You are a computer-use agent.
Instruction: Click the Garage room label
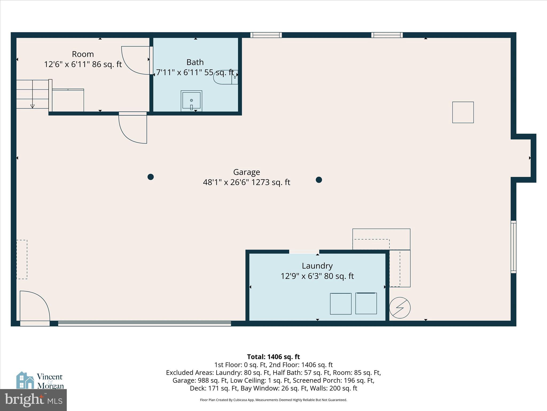click(x=246, y=172)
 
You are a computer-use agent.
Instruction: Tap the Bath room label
click(x=195, y=62)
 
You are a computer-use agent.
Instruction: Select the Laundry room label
click(x=317, y=266)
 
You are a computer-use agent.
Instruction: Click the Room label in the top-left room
click(x=83, y=54)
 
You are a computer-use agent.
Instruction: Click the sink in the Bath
click(x=191, y=101)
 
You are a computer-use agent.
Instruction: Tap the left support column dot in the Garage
click(x=151, y=177)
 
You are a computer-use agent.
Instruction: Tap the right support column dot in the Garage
click(x=319, y=180)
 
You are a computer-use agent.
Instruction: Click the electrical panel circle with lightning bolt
click(x=400, y=308)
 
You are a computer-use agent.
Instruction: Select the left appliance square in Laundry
click(x=341, y=304)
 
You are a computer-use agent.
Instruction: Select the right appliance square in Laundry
click(x=366, y=303)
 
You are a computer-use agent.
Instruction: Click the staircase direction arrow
click(x=32, y=106)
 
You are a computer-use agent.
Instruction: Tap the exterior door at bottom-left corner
click(x=35, y=308)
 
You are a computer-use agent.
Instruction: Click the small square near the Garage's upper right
click(x=463, y=112)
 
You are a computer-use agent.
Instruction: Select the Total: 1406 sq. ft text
click(x=273, y=357)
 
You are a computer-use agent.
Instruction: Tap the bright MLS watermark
click(x=33, y=400)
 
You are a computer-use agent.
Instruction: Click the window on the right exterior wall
click(x=513, y=247)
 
